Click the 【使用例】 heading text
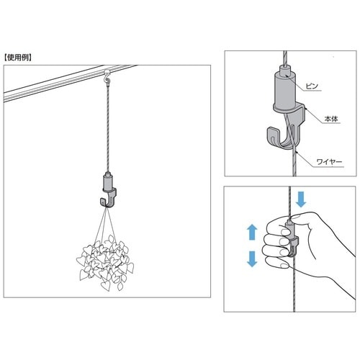18,58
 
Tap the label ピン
312,86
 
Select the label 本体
331,119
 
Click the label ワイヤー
329,162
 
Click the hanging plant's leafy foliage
105,263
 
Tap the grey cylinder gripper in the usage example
108,181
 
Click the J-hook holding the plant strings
109,198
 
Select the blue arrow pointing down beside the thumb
301,199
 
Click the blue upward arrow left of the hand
252,232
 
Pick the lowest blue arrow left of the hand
252,258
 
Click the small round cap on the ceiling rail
107,71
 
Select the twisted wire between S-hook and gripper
108,128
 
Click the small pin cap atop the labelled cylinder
285,69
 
